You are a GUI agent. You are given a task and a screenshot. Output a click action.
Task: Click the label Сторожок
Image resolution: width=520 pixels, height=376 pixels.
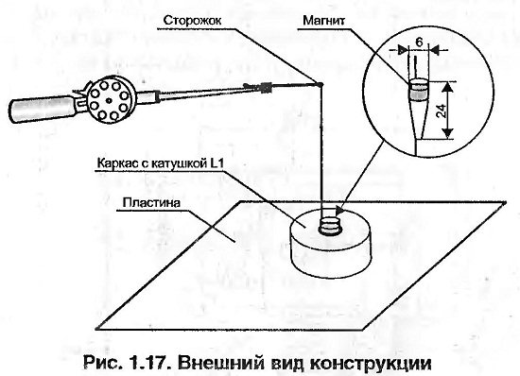click(192, 21)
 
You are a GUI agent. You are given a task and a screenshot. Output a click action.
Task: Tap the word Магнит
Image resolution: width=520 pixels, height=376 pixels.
click(323, 21)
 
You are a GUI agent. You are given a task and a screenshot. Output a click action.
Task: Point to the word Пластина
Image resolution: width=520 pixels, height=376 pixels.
click(151, 202)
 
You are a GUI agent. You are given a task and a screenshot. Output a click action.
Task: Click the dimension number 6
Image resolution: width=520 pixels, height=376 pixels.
click(419, 43)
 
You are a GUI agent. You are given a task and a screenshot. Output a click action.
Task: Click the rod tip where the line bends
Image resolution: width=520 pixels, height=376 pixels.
click(321, 84)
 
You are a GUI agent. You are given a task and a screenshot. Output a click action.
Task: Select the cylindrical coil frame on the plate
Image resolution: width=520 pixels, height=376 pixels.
click(330, 244)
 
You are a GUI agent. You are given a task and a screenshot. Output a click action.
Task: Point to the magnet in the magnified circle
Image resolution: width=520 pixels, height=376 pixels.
click(418, 91)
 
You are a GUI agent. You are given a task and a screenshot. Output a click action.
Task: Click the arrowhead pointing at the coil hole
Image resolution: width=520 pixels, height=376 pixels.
click(340, 210)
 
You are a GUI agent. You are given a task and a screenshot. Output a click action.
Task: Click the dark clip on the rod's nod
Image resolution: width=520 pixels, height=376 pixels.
click(266, 87)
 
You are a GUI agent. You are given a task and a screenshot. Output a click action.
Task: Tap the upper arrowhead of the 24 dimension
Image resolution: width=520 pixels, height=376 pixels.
click(447, 86)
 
